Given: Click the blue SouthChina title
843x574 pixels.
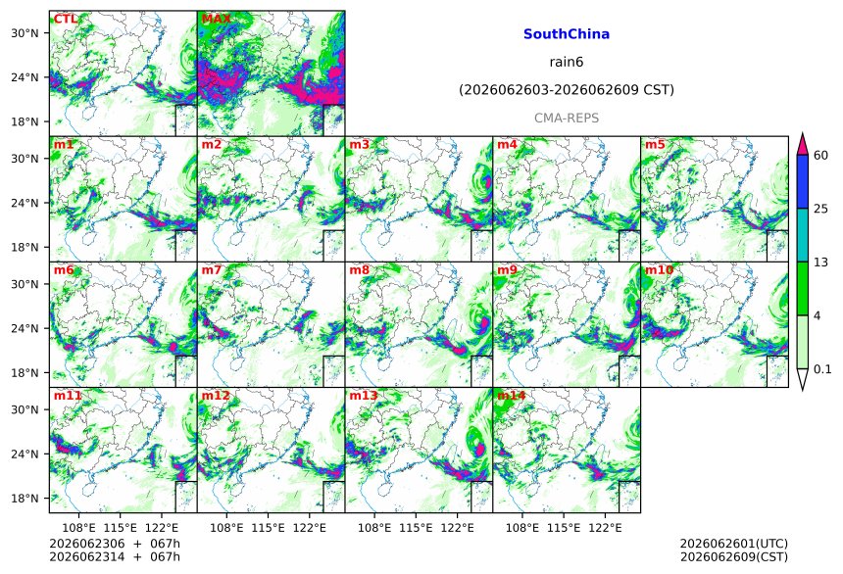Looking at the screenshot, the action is pos(567,34).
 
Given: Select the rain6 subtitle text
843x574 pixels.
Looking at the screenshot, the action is pos(567,62).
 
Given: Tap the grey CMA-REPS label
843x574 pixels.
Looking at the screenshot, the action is pos(567,119).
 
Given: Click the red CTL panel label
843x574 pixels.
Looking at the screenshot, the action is pos(65,19).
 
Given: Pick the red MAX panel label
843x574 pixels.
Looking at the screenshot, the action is pos(216,19).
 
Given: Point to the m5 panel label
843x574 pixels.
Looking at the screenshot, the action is pos(655,145).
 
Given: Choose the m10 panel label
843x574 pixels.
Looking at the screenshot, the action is pos(659,269).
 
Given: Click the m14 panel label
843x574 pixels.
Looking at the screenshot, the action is pos(511,396).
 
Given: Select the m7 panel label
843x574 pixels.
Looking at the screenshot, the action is pos(212,269).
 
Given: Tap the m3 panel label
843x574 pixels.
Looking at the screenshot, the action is pos(359,145).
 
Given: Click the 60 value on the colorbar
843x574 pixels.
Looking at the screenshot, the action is pos(821,156).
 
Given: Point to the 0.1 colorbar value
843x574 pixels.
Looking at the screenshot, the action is pos(822,369).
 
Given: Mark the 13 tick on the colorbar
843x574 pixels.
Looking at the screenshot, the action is pos(821,263).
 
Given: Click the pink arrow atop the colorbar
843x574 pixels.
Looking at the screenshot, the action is pos(803,144).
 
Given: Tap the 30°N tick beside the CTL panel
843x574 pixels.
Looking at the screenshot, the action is pos(25,33).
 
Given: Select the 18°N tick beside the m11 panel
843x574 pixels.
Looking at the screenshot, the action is pos(25,499).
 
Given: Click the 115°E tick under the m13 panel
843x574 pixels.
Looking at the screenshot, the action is pos(416,528).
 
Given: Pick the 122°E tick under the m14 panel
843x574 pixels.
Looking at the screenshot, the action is pos(605,528).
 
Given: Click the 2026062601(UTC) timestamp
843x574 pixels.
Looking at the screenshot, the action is pos(734,544).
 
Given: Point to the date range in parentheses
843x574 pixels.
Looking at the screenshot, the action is pos(567,90).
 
